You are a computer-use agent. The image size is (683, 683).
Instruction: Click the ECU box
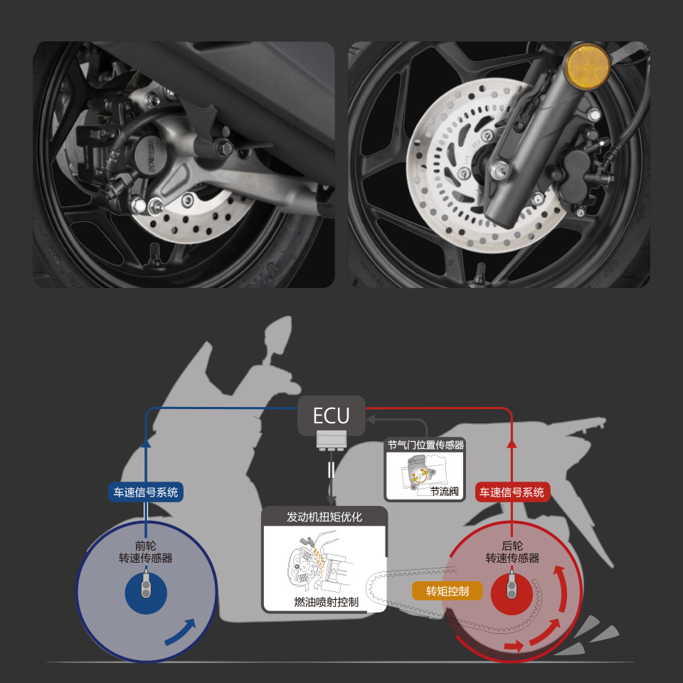331,415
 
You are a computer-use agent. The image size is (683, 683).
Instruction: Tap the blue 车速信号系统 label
145,492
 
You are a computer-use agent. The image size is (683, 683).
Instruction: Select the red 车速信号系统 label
512,492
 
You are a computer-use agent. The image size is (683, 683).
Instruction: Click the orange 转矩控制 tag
448,591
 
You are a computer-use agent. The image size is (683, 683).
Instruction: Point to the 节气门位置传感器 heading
425,445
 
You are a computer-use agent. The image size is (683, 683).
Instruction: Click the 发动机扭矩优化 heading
324,517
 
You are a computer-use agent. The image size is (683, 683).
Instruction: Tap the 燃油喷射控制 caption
326,602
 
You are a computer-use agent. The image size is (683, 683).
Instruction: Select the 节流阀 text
444,492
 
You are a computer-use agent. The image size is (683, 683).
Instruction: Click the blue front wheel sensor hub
146,593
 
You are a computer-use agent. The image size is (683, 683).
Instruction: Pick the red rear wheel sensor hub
512,593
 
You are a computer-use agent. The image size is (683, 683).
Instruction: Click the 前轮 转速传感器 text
145,552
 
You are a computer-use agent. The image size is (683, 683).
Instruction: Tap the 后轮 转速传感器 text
512,552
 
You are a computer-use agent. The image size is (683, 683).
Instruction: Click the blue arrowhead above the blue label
146,443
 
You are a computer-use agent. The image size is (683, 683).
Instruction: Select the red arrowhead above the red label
512,443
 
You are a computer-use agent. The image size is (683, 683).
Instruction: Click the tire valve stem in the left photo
154,255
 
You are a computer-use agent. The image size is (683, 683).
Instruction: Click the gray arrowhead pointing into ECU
371,420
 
